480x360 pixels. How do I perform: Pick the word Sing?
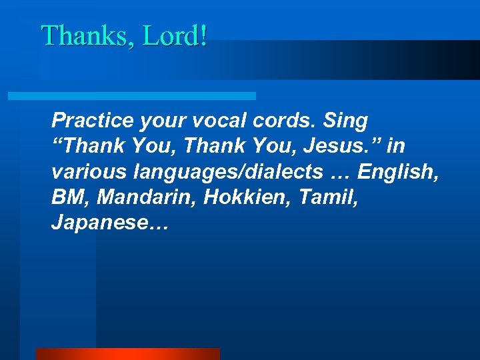tap(345, 121)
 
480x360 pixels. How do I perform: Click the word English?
tap(397, 172)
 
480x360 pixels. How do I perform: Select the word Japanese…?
tap(111, 223)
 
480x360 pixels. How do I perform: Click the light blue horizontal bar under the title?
tap(131, 96)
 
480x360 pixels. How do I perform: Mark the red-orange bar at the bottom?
tap(127, 354)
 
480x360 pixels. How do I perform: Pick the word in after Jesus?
tap(397, 146)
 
